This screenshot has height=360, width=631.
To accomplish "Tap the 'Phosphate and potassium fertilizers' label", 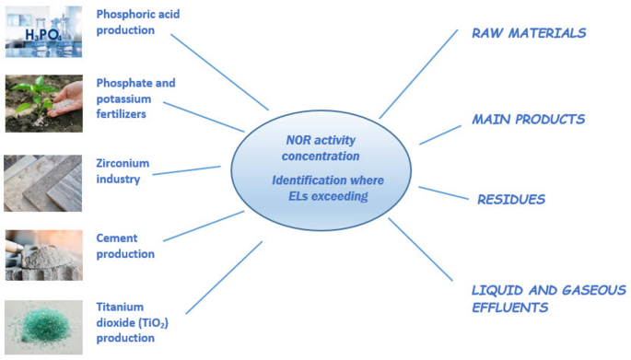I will pos(135,98).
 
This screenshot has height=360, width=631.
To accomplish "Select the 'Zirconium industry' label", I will pos(123,170).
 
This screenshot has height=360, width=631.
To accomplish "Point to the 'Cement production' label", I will pos(124,245).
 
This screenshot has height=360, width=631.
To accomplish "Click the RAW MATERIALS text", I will pos(528,33).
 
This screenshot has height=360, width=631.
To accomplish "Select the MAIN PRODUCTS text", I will pos(528,120).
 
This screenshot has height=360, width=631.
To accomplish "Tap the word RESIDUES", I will pos(510,199).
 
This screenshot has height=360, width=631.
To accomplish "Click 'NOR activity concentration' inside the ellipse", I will pos(320,147).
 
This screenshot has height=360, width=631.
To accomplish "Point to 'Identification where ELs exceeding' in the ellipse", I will pos(321,188).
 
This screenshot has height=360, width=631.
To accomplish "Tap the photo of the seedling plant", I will pos(42,103).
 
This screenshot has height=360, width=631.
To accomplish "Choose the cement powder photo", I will pos(42,254).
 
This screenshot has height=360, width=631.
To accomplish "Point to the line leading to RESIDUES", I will pos(443,193).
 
